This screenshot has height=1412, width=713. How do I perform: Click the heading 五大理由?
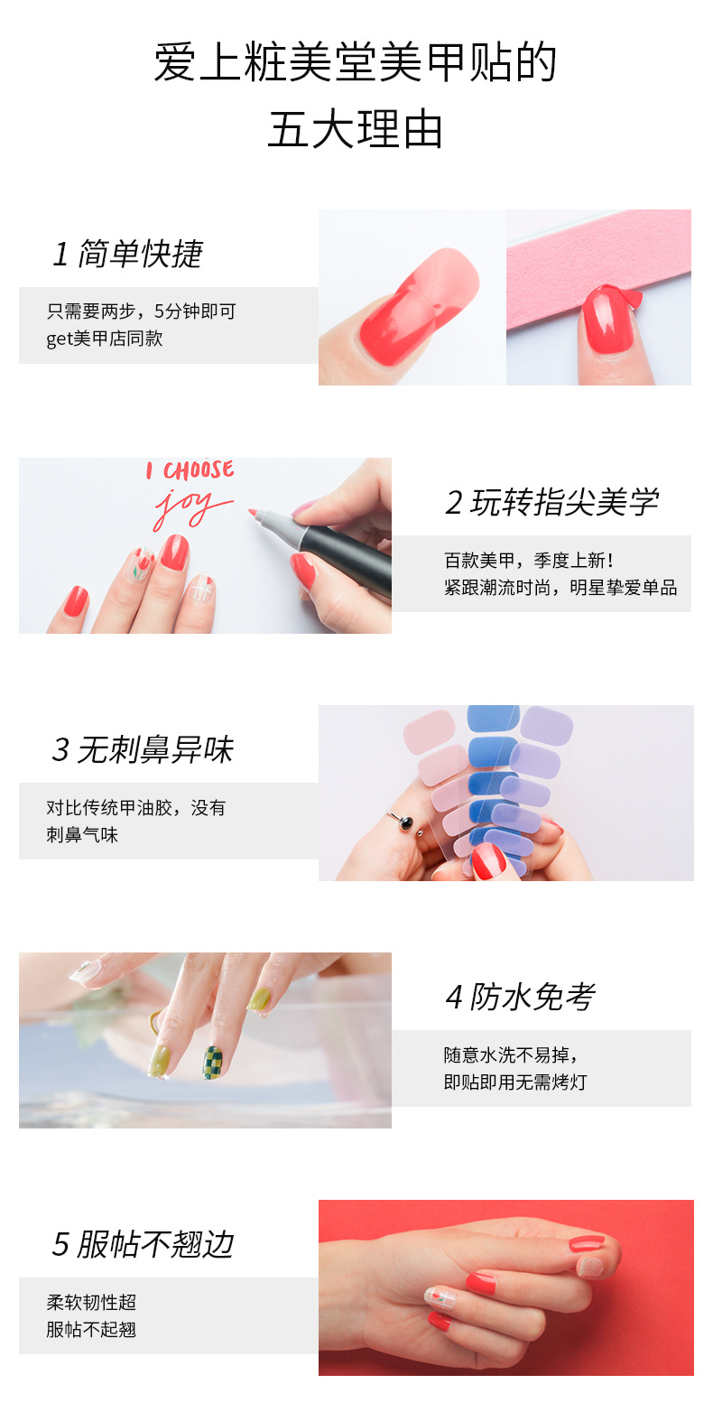pyautogui.click(x=356, y=129)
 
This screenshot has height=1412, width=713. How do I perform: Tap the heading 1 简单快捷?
pyautogui.click(x=127, y=255)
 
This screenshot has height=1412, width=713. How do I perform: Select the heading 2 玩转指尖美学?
pyautogui.click(x=551, y=503)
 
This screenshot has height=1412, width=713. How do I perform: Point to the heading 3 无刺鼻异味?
pyautogui.click(x=143, y=750)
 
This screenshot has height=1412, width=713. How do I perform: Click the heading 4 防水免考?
pyautogui.click(x=520, y=998)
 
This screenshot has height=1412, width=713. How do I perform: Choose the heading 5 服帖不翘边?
pyautogui.click(x=143, y=1245)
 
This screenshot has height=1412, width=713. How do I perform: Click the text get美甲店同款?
pyautogui.click(x=105, y=339)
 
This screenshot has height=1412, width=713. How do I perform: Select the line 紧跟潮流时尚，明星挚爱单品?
pyautogui.click(x=560, y=588)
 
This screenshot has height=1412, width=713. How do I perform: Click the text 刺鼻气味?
pyautogui.click(x=82, y=835)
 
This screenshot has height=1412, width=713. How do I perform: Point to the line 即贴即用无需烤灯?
pyautogui.click(x=515, y=1082)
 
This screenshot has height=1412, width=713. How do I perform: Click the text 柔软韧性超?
pyautogui.click(x=91, y=1303)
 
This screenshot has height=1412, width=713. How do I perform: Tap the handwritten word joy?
pyautogui.click(x=190, y=507)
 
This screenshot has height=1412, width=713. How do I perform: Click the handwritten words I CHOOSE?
pyautogui.click(x=190, y=470)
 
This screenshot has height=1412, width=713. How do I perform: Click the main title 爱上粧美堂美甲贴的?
pyautogui.click(x=356, y=62)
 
